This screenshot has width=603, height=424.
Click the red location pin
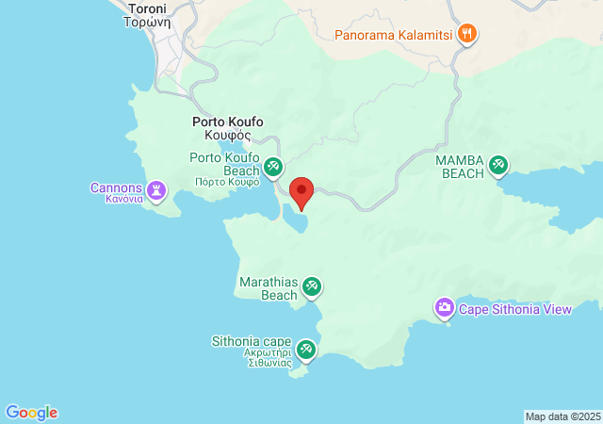(x=301, y=192)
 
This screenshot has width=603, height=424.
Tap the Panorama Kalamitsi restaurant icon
(x=466, y=36)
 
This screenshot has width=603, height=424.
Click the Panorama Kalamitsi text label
(x=395, y=36)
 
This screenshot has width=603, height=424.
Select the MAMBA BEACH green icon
(x=498, y=167)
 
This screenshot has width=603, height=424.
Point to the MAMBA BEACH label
(x=460, y=167)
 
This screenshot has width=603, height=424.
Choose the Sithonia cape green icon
(x=305, y=351)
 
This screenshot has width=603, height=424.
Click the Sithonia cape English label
(x=252, y=341)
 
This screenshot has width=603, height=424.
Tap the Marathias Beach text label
(x=268, y=288)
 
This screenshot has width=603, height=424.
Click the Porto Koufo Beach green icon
(x=272, y=168)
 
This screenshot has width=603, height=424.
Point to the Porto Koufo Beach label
(x=224, y=164)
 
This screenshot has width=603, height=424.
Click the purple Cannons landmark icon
(x=156, y=191)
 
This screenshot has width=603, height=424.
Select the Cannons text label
(x=116, y=188)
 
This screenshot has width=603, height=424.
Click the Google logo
(x=32, y=413)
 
